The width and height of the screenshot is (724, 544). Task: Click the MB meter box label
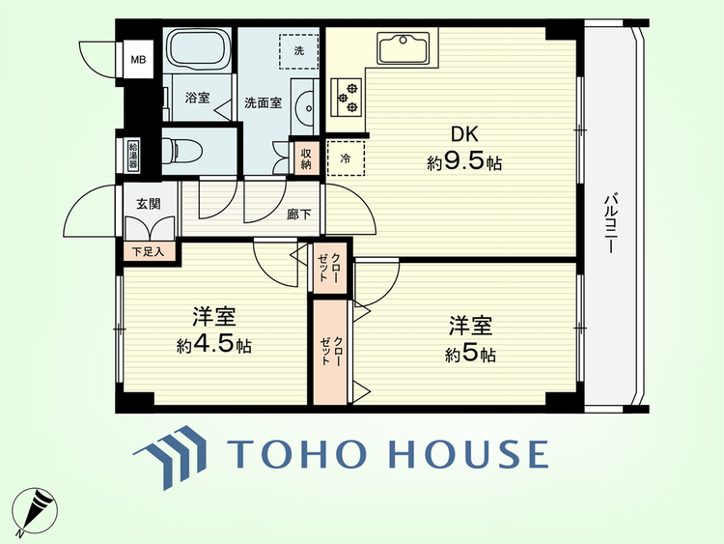(138, 60)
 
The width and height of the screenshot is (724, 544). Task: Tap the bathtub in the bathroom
(198, 47)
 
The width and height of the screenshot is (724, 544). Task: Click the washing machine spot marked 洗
(299, 51)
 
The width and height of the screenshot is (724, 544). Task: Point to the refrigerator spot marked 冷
(346, 158)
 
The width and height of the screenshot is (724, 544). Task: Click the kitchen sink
(404, 47)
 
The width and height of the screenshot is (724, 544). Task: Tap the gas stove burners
(348, 97)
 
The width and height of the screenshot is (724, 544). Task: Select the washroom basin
(304, 108)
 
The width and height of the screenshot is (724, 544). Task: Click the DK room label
(464, 135)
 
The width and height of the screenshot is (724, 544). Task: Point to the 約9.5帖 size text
(464, 162)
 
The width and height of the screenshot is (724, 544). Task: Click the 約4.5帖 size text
(214, 345)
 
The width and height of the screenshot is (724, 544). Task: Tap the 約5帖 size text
(470, 355)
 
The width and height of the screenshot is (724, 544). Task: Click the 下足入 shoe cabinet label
(148, 252)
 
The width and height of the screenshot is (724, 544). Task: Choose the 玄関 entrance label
(149, 203)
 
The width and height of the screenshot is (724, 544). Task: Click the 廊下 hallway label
(298, 215)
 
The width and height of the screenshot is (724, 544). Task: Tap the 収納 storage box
(306, 159)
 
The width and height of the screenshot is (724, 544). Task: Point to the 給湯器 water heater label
(133, 156)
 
